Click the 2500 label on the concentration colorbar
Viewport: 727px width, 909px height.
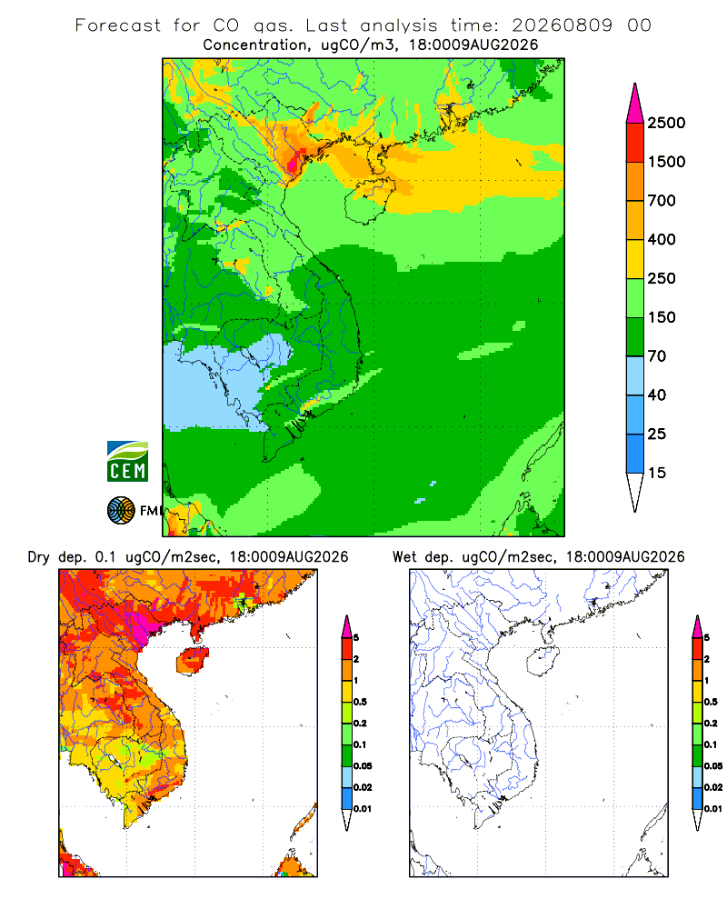[666, 123]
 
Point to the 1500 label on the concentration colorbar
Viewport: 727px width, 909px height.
[666, 162]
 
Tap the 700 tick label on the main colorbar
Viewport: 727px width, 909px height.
[662, 201]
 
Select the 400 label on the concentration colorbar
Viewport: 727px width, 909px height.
[662, 239]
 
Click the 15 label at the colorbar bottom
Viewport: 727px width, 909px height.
[657, 473]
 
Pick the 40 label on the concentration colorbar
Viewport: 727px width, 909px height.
[657, 395]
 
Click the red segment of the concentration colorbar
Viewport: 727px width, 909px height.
[635, 143]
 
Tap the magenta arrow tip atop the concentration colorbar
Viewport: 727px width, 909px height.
[635, 104]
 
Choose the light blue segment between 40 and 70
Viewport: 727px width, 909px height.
[635, 375]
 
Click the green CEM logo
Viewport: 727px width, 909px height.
[127, 462]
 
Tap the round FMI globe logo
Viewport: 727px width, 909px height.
[121, 511]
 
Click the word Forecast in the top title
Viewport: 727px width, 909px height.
[118, 25]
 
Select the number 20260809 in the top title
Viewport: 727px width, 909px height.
[562, 25]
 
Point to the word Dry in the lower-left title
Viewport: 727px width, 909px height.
[39, 557]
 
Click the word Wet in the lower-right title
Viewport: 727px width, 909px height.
[404, 557]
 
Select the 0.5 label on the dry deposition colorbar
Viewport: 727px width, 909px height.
[360, 702]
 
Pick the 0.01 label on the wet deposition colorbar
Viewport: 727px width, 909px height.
[713, 809]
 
